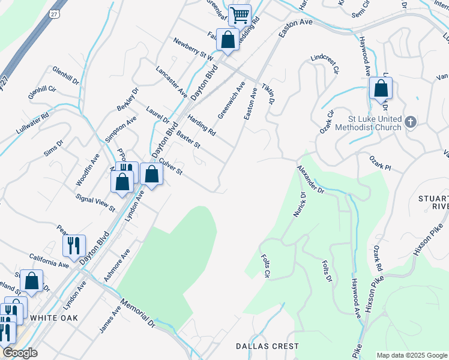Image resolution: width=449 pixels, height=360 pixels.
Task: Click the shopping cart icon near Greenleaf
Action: click(240, 14)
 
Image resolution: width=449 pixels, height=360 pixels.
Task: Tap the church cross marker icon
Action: click(411, 122)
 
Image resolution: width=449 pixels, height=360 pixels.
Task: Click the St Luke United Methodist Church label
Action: click(375, 123)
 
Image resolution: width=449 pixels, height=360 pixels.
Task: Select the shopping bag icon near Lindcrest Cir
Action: click(381, 89)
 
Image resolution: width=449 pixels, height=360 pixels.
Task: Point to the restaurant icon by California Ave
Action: click(74, 245)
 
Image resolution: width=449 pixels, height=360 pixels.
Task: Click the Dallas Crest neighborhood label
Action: click(267, 346)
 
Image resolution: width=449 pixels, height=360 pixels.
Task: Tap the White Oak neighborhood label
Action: click(54, 317)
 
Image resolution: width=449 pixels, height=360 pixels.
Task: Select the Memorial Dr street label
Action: click(137, 313)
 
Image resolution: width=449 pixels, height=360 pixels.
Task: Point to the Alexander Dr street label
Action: click(310, 180)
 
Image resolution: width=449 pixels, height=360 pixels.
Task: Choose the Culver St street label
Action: click(170, 167)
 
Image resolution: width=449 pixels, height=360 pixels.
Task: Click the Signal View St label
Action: click(95, 202)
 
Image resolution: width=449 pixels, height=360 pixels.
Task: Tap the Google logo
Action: click(19, 353)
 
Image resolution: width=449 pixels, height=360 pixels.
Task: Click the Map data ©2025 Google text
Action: click(412, 355)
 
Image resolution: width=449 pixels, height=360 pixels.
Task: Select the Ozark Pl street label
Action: click(379, 165)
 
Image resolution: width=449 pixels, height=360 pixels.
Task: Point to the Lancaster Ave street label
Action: click(171, 82)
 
